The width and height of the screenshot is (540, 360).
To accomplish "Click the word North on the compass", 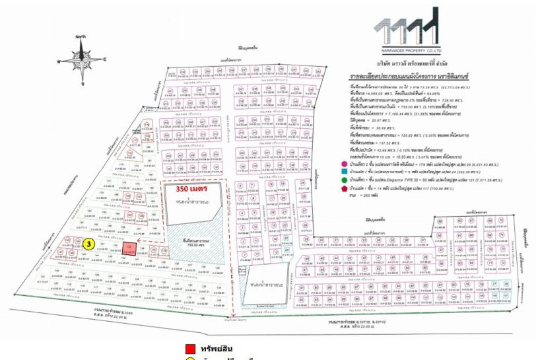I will coord(81,37).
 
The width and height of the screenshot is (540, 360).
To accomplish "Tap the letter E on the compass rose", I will coord(104,60).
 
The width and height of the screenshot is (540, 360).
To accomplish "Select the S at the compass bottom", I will coord(82,85).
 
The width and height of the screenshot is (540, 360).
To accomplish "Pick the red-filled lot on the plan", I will coord(131,248).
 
